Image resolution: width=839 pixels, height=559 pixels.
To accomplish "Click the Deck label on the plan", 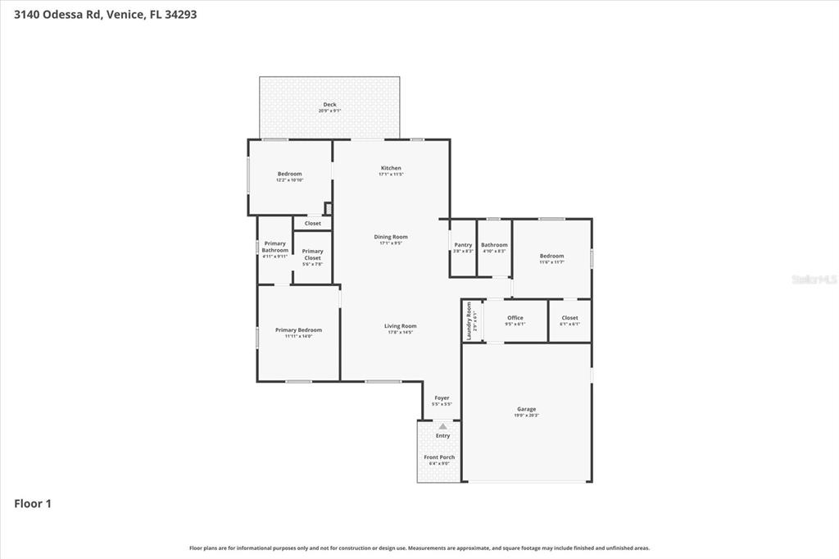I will [329, 104].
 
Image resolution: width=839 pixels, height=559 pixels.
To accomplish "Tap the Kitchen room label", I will [391, 168].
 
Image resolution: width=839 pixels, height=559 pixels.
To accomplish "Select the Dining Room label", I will [391, 237].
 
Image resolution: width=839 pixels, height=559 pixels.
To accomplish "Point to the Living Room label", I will [401, 325].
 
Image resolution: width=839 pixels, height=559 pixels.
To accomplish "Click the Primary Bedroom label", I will [298, 329].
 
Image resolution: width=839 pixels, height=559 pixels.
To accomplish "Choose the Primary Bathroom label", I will [275, 247].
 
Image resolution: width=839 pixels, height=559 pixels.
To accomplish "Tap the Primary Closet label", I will [312, 254].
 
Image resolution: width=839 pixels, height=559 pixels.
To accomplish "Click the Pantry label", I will [463, 244].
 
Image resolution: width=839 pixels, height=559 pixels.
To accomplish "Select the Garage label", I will [526, 409].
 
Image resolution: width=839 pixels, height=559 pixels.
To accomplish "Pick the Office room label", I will [515, 318].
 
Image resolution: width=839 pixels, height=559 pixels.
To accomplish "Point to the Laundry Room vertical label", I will [469, 320].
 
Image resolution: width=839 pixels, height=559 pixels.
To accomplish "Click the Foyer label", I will [442, 398].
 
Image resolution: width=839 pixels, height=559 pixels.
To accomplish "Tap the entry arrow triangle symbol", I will [442, 426].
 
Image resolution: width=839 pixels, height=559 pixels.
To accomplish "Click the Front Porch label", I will [439, 457].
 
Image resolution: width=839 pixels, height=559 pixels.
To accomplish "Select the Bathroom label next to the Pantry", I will [494, 244].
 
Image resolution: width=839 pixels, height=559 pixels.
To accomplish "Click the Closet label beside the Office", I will [569, 318].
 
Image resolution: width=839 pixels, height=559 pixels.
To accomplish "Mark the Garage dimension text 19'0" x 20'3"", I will [526, 416].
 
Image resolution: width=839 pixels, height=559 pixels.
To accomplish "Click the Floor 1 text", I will [33, 504].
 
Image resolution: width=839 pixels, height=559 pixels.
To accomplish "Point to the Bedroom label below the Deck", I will [289, 174].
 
